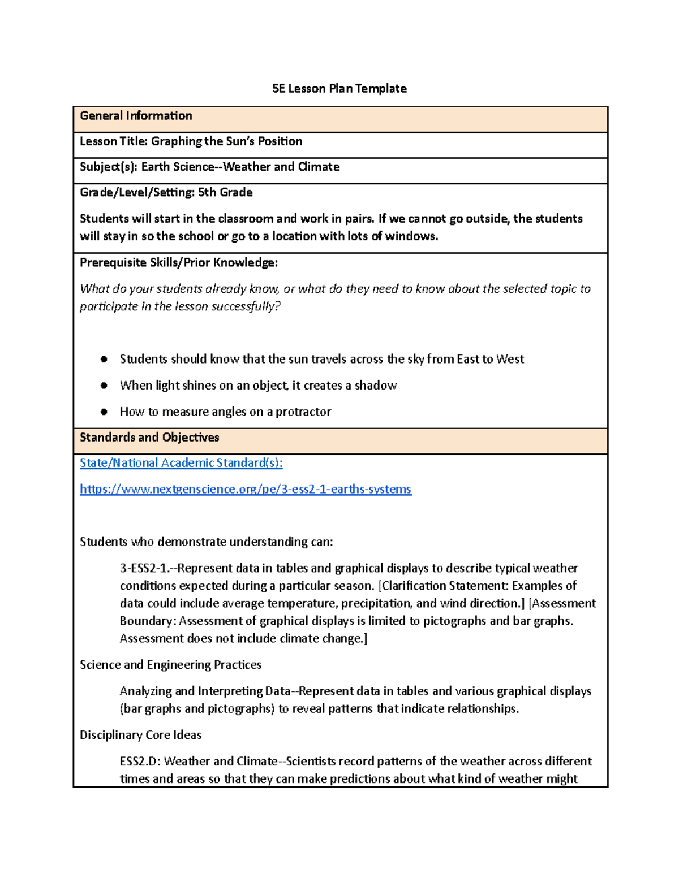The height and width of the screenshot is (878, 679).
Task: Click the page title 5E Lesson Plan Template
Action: tap(339, 89)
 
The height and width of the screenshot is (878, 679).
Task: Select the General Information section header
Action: tap(136, 116)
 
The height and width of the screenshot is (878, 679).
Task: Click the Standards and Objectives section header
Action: tap(149, 438)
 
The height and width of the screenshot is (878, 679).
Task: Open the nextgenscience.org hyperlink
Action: tap(246, 489)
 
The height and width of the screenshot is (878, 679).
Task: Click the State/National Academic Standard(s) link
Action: tap(181, 463)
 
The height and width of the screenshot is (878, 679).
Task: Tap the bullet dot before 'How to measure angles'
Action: tap(104, 412)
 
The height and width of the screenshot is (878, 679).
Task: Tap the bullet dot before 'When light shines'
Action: tap(104, 386)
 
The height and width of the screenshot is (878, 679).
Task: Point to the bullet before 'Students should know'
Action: tap(104, 359)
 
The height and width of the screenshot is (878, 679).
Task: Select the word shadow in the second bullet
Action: tap(376, 386)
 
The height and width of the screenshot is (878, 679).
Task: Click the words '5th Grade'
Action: tap(225, 193)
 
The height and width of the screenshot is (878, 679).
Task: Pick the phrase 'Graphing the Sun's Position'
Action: tap(226, 141)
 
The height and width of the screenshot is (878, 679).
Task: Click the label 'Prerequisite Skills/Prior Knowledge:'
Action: tap(179, 263)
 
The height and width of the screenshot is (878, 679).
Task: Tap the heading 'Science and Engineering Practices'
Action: tap(170, 665)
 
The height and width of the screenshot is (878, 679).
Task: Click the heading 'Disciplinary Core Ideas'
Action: tap(140, 735)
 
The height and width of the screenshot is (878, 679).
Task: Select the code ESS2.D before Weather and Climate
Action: tap(139, 762)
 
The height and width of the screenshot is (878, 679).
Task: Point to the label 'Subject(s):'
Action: tap(108, 167)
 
